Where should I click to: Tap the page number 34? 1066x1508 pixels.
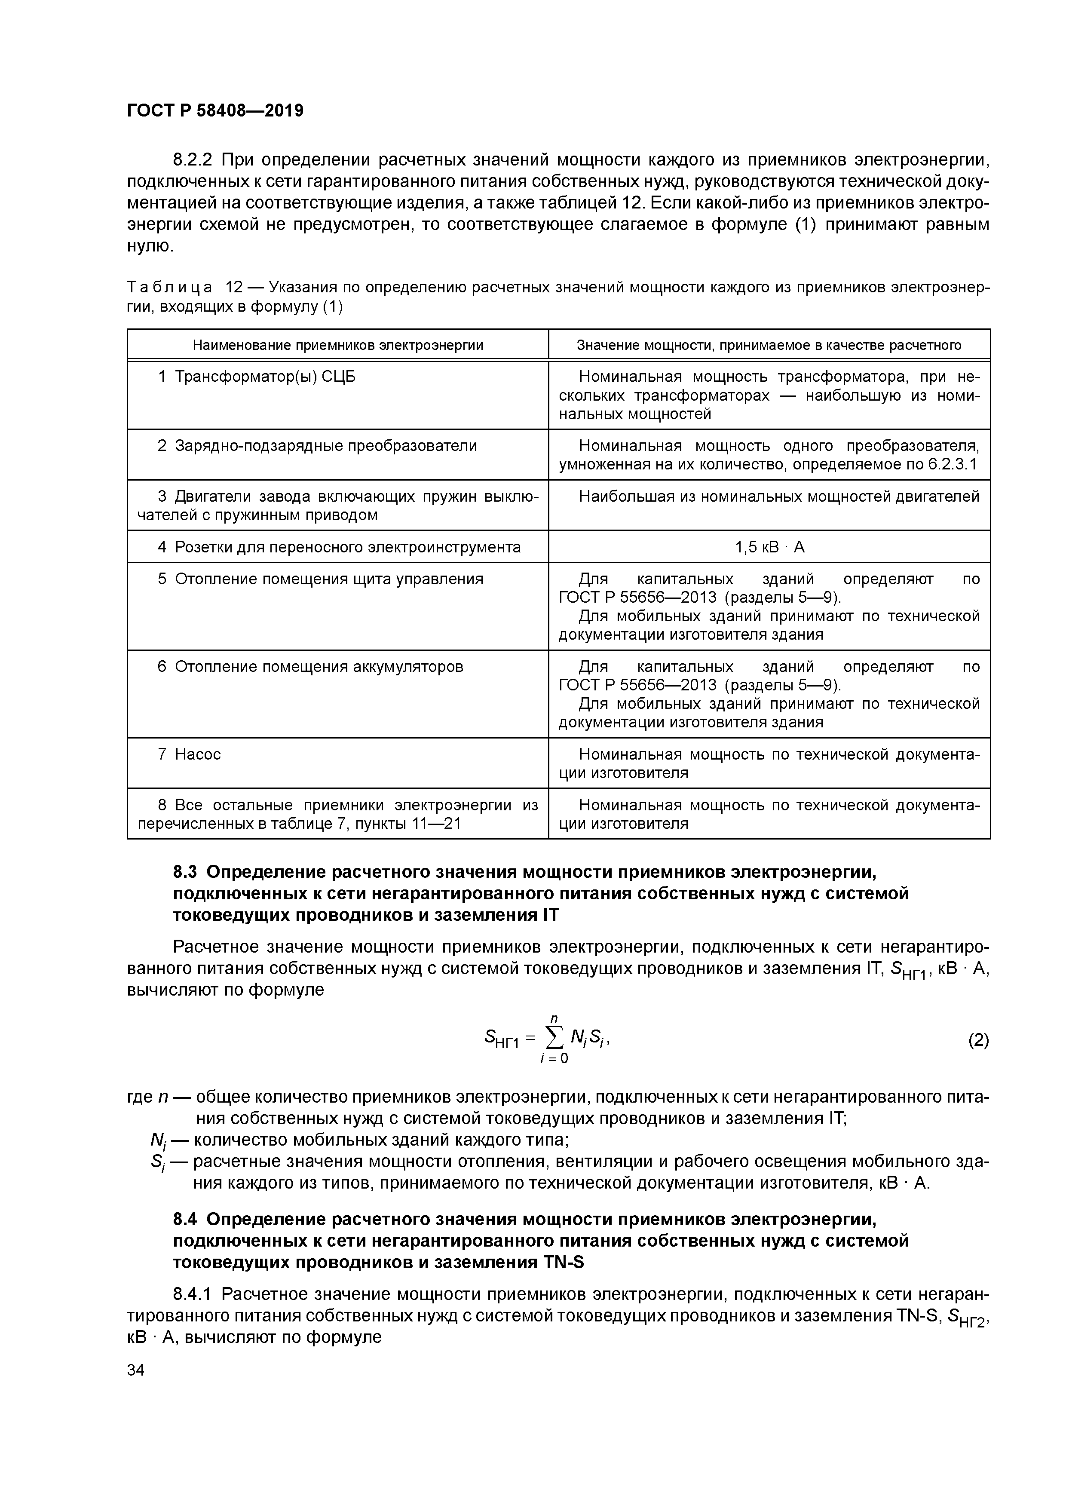pyautogui.click(x=136, y=1370)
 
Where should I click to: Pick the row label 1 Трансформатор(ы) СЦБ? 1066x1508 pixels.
pyautogui.click(x=256, y=377)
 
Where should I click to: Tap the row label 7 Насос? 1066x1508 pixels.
pyautogui.click(x=189, y=754)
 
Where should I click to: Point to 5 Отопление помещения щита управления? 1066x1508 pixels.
pyautogui.click(x=321, y=579)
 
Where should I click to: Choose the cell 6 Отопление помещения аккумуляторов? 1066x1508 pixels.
pyautogui.click(x=310, y=667)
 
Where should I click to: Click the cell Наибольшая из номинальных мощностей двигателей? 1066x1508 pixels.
pyautogui.click(x=779, y=497)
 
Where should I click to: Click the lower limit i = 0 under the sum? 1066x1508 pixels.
pyautogui.click(x=554, y=1059)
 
